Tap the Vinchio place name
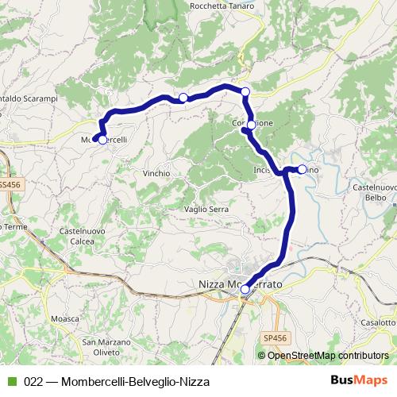click(x=156, y=172)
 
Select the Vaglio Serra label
click(x=206, y=209)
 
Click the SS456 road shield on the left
click(x=9, y=183)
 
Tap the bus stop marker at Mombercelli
click(x=102, y=140)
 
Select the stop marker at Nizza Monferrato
click(x=245, y=289)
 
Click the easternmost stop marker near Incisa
click(x=302, y=168)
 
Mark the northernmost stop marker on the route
click(x=245, y=92)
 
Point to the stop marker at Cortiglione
click(x=251, y=125)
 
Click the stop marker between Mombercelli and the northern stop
click(x=183, y=98)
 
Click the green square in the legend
click(x=10, y=382)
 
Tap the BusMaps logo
click(x=359, y=381)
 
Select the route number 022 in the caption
click(x=33, y=382)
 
